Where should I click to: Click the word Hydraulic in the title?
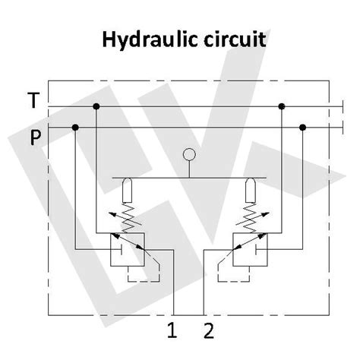click(144, 39)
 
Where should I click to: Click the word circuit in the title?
click(230, 39)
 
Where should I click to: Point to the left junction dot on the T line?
click(96, 106)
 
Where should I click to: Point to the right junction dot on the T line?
click(281, 106)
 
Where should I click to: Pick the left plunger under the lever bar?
click(127, 188)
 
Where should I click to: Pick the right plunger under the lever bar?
click(251, 188)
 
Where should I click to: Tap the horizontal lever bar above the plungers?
click(189, 178)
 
